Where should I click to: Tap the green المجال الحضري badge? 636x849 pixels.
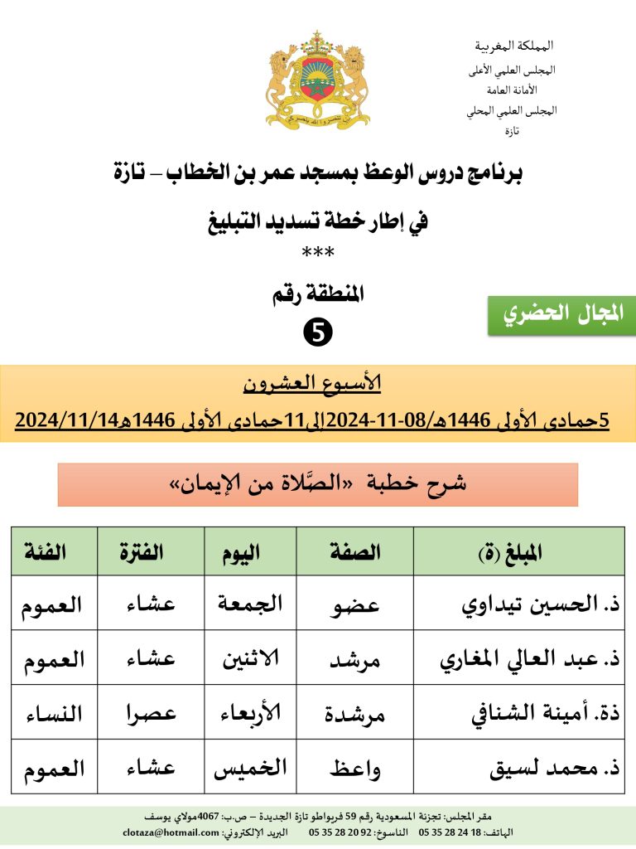pyautogui.click(x=561, y=315)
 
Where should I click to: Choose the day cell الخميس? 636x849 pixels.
pyautogui.click(x=250, y=768)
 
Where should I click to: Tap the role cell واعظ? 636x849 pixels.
pyautogui.click(x=355, y=768)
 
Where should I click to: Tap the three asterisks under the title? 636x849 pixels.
pyautogui.click(x=318, y=252)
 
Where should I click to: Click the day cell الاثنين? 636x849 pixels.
pyautogui.click(x=250, y=659)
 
